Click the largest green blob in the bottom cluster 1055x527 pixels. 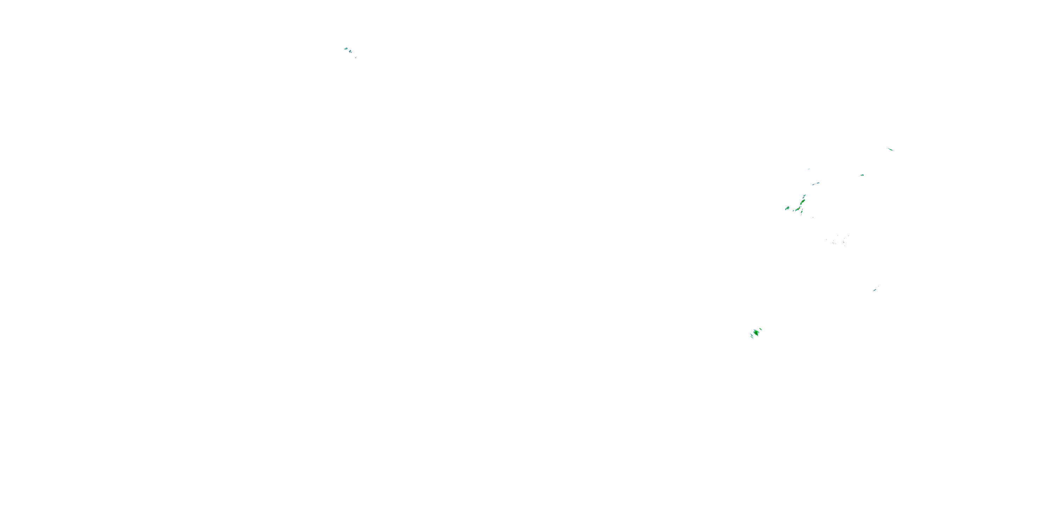click(756, 332)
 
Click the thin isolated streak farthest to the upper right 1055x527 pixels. click(890, 149)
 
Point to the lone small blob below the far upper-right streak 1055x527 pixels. click(862, 175)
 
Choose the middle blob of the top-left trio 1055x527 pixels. click(350, 52)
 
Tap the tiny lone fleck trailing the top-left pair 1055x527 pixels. click(356, 57)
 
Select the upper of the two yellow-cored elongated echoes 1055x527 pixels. click(803, 202)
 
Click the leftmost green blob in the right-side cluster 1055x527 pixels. click(787, 208)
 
